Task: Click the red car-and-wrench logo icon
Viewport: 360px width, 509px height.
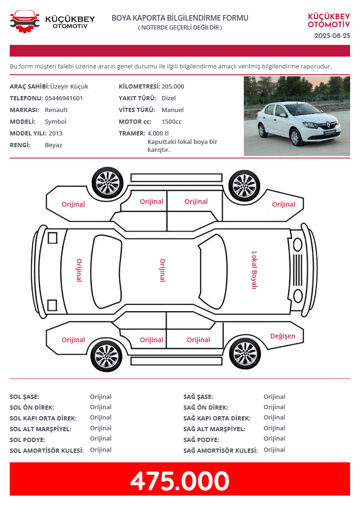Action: (x=25, y=21)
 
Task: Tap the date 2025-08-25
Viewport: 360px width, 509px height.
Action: (x=332, y=36)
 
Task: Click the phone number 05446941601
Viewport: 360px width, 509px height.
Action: (x=64, y=98)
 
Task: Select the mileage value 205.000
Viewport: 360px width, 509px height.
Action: (x=172, y=86)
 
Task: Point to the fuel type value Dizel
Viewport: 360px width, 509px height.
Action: (x=168, y=98)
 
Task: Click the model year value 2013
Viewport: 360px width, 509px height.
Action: (x=55, y=133)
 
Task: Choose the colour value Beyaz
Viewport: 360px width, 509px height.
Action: (x=53, y=145)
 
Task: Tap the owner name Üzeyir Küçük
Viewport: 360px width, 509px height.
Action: (x=69, y=86)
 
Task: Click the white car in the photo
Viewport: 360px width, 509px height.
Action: (x=298, y=123)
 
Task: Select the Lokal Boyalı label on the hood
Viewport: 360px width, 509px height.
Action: (x=254, y=270)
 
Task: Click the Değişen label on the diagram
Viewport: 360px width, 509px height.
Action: (x=283, y=336)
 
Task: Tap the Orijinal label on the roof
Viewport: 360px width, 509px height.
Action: (x=162, y=270)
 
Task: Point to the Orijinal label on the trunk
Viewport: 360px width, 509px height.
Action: (x=79, y=270)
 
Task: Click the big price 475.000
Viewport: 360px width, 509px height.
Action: (x=180, y=481)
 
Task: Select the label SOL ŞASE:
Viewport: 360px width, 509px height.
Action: (x=24, y=397)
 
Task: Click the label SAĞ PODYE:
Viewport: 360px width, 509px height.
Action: (x=201, y=440)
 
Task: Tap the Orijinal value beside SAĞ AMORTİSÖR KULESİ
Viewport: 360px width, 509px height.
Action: (x=274, y=449)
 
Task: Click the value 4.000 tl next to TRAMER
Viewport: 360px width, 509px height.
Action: (x=158, y=133)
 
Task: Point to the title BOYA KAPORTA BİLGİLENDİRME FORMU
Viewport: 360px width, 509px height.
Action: (x=180, y=18)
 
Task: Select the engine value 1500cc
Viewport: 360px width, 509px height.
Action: (x=172, y=121)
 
